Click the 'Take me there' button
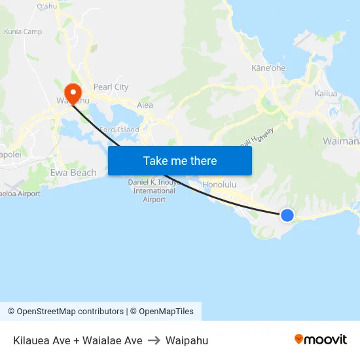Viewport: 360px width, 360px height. (180, 160)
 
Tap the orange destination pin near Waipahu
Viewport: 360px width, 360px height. (73, 91)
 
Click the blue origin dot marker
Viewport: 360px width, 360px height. (287, 215)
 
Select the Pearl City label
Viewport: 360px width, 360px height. (111, 87)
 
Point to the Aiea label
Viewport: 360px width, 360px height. (145, 105)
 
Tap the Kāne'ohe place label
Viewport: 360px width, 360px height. (268, 67)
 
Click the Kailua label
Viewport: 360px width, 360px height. (325, 94)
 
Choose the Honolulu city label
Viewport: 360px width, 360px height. (219, 185)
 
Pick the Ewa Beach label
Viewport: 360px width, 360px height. (73, 173)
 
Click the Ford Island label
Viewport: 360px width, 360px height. (120, 130)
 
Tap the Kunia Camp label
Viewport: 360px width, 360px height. (23, 31)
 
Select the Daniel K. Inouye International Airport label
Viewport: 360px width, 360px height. (154, 190)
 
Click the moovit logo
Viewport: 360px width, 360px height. (320, 340)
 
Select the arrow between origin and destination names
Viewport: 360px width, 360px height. (154, 340)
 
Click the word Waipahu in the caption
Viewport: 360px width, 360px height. (187, 340)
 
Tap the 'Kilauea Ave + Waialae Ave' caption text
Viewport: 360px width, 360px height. (77, 340)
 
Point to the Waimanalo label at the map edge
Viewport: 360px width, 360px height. (341, 141)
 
